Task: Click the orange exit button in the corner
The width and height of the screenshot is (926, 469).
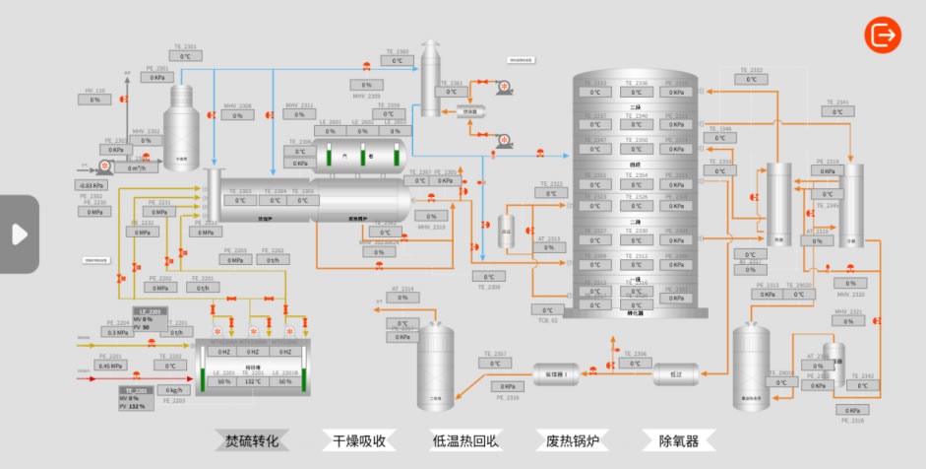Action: click(x=883, y=34)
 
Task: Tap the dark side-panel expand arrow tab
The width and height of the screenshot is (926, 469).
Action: click(x=19, y=234)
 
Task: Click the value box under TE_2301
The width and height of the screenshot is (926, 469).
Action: click(x=185, y=56)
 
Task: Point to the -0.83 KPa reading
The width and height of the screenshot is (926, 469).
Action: click(x=92, y=185)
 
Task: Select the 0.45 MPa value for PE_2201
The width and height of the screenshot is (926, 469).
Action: click(x=110, y=366)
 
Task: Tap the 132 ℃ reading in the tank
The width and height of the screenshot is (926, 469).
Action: click(x=253, y=381)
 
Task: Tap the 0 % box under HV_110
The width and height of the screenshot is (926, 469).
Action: click(x=94, y=100)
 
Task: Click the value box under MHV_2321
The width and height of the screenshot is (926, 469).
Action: click(x=848, y=322)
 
